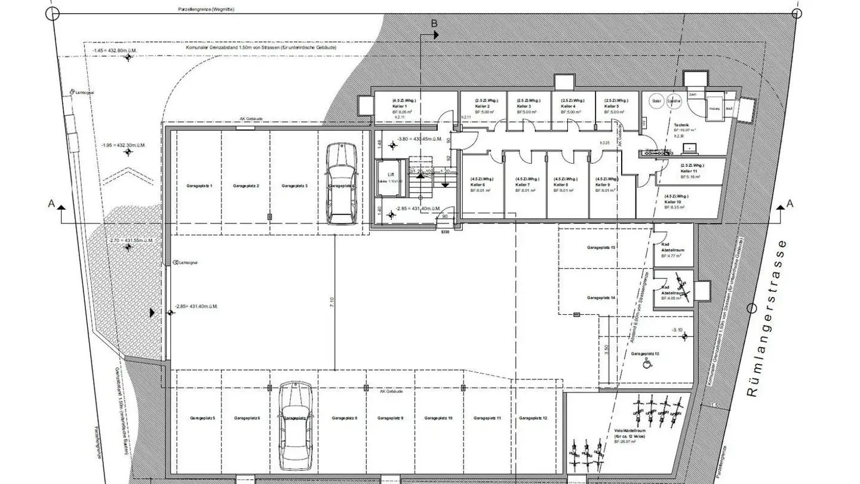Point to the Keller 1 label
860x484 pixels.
400,106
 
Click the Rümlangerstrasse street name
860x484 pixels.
767,318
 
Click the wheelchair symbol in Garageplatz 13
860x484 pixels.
645,363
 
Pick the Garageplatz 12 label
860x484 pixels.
533,418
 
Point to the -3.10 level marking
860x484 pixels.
677,330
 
